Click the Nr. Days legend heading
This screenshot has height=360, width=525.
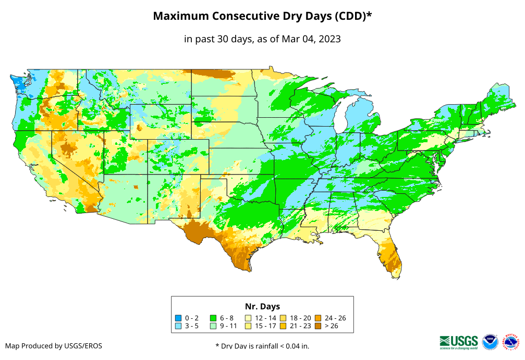point(262,306)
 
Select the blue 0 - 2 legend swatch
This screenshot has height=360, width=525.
point(178,318)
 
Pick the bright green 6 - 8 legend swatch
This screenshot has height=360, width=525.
point(213,318)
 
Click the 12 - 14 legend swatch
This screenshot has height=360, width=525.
point(249,318)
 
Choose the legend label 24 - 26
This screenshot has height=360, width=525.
point(335,318)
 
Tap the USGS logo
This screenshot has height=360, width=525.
point(459,341)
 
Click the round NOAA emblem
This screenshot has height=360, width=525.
point(490,342)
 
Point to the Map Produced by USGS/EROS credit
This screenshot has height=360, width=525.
point(54,345)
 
